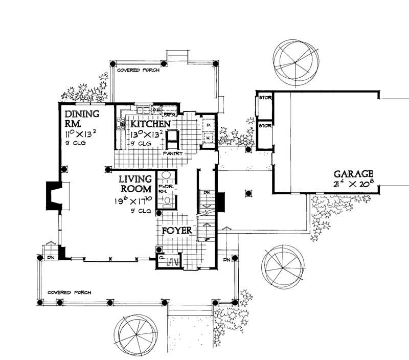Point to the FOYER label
[x=177, y=231]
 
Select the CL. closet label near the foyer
[x=162, y=258]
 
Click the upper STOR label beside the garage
[x=264, y=97]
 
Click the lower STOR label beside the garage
[x=264, y=125]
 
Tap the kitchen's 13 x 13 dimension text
[x=147, y=135]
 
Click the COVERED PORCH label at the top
[x=138, y=70]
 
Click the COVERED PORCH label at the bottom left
[x=69, y=292]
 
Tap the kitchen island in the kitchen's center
[x=174, y=138]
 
